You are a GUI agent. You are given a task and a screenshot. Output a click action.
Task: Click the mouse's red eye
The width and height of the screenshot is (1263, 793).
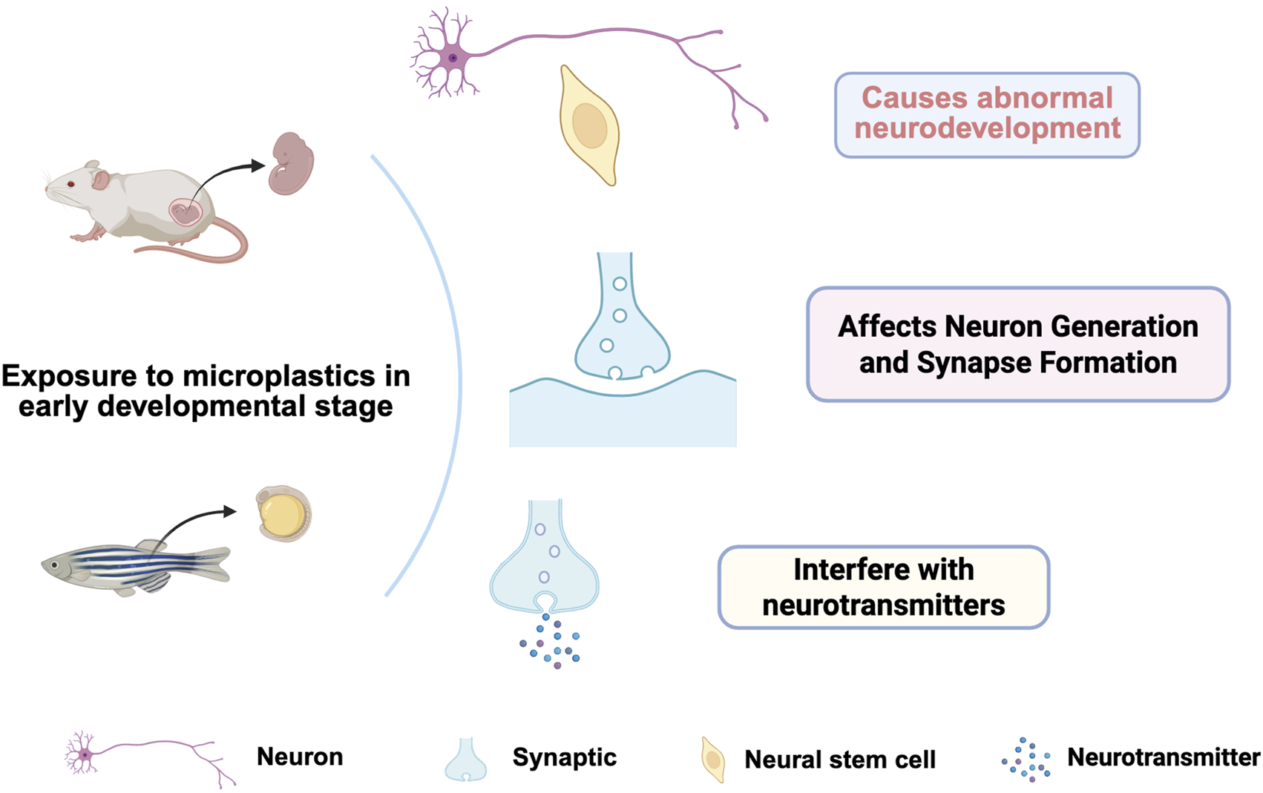(71, 184)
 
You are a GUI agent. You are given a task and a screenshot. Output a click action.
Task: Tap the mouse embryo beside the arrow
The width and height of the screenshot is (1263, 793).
(291, 163)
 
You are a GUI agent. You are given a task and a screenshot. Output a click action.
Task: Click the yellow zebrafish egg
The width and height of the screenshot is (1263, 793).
(282, 513)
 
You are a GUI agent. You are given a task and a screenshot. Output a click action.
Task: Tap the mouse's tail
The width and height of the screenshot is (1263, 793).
(215, 249)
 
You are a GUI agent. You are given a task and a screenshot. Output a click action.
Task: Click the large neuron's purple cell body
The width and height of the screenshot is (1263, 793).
(451, 58)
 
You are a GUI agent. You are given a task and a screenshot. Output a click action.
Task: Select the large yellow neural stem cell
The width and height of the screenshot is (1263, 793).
(589, 126)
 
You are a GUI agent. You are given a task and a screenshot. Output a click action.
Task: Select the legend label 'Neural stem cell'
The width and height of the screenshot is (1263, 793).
(839, 760)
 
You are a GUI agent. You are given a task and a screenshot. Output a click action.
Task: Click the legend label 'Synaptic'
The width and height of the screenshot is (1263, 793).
(564, 757)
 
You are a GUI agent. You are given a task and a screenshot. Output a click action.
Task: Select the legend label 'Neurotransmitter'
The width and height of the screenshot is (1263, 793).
(1163, 757)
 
